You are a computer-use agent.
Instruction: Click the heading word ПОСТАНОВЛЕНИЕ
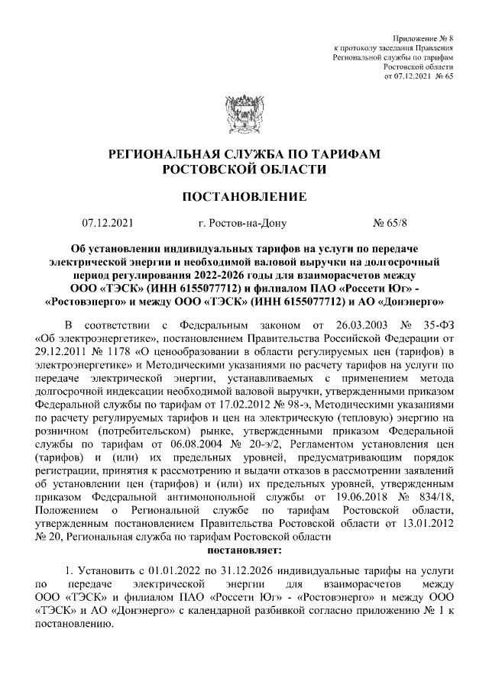click(x=244, y=197)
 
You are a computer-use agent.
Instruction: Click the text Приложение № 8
click(x=423, y=37)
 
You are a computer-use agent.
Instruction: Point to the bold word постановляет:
click(x=244, y=549)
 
